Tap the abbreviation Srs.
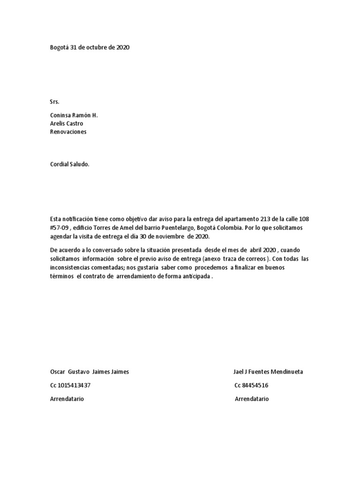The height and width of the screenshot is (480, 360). click(55, 102)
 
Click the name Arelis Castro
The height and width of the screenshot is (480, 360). click(67, 124)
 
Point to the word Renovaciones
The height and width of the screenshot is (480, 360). click(68, 132)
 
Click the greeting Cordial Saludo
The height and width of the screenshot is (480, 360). click(69, 165)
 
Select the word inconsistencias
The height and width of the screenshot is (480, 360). click(70, 268)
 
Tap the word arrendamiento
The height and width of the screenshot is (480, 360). click(138, 276)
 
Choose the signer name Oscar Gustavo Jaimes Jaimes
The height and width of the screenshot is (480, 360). click(90, 372)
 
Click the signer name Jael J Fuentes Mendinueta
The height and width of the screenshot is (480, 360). click(268, 372)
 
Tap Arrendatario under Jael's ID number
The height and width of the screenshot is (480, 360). click(252, 399)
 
